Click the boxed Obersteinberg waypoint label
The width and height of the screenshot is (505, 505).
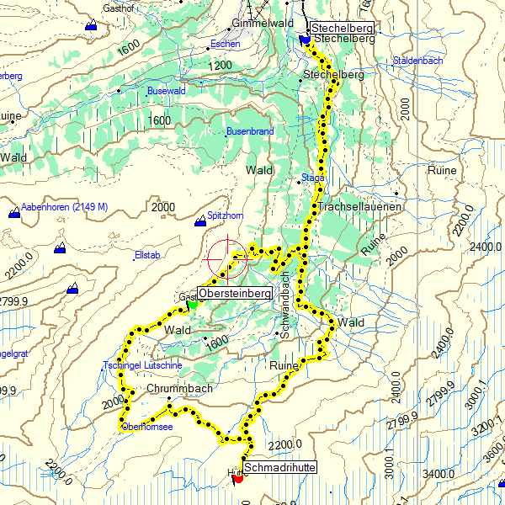coord(235,294)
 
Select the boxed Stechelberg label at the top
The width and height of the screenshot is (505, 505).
coord(343,29)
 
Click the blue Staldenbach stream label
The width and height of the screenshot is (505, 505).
coord(418,61)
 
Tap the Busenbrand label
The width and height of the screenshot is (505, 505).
coord(250,131)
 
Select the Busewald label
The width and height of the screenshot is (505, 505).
coord(166,91)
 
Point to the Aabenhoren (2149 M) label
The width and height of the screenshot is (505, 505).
coord(65,207)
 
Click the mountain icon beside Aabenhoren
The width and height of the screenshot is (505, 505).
coord(14,213)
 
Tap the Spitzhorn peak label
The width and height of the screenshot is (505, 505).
coord(226,216)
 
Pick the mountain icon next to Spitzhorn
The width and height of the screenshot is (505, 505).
coord(200,221)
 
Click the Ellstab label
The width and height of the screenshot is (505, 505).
coord(146,255)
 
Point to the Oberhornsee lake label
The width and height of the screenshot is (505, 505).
coord(147,427)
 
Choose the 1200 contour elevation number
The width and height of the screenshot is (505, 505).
coord(221,65)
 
